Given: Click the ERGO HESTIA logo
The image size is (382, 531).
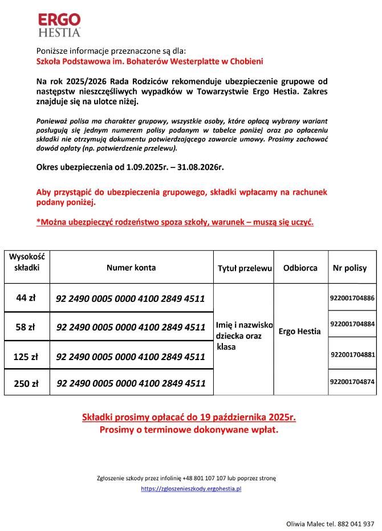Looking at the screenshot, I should [x=59, y=25].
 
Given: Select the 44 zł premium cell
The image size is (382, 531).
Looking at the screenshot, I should [x=26, y=297].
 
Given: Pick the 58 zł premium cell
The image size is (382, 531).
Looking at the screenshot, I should [x=26, y=327].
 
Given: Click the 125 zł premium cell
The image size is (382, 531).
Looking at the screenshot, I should [x=26, y=357].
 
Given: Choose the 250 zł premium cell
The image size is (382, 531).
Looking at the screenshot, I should [x=26, y=383].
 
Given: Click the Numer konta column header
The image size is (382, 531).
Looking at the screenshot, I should [x=131, y=267].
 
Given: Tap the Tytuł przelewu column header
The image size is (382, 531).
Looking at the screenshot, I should [x=244, y=268].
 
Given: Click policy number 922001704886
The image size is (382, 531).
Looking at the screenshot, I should [x=352, y=298].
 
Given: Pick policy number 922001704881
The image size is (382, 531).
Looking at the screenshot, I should [x=353, y=354].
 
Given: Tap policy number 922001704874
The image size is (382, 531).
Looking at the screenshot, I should [x=352, y=382].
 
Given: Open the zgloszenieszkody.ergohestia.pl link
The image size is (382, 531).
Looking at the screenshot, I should [x=192, y=489].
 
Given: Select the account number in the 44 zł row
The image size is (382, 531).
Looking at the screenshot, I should [x=131, y=298].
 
